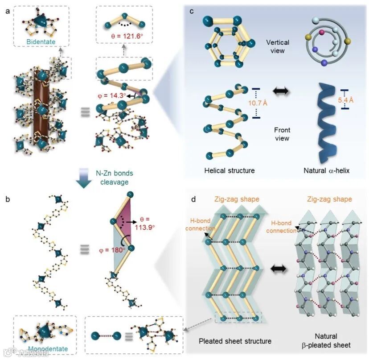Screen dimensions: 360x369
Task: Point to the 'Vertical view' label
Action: point(277,46)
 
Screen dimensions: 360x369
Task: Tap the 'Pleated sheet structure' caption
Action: point(235,341)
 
